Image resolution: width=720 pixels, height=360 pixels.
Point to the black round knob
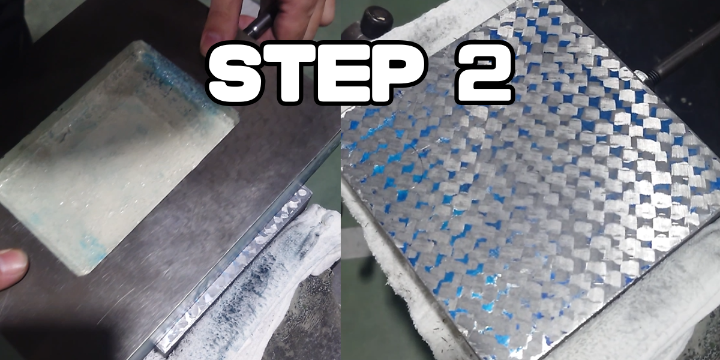tap(376, 19)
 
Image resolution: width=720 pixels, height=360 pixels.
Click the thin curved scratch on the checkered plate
tap(418, 154)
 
